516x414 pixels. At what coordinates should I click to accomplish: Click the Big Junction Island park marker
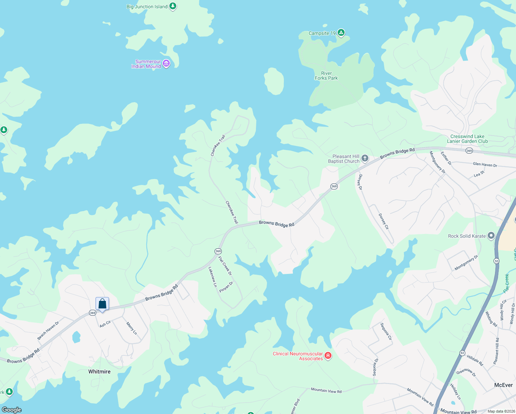coord(173,6)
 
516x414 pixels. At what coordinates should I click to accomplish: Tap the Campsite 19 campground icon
coord(341,33)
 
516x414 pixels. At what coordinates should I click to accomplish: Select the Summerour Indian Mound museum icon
coord(166,63)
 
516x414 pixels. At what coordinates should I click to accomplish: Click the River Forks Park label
coord(326,76)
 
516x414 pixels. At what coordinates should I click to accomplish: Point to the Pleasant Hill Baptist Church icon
coord(365,158)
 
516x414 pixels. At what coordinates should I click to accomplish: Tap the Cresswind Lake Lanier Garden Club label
coord(467,139)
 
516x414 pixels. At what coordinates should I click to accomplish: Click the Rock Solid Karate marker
coord(491,236)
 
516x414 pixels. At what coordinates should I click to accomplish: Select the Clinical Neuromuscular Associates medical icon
coord(328,356)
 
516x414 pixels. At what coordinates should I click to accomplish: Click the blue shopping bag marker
coord(102,304)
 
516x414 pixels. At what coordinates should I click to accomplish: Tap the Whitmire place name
coord(99,372)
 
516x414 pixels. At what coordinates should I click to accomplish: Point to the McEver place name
coord(503,385)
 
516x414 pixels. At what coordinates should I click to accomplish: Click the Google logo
coord(12,410)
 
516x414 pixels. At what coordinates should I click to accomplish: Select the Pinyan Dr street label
coord(226,287)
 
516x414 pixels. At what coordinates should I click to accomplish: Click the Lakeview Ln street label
coord(212,277)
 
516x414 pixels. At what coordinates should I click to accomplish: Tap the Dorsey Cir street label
coord(384,221)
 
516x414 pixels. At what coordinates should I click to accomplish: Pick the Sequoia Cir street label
coord(386,332)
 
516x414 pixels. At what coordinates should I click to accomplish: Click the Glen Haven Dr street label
coord(485,165)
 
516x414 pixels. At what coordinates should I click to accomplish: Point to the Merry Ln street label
coord(131,328)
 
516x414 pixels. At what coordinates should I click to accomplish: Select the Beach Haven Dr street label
coord(48,330)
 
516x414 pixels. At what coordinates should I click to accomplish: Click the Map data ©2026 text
coord(500,411)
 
